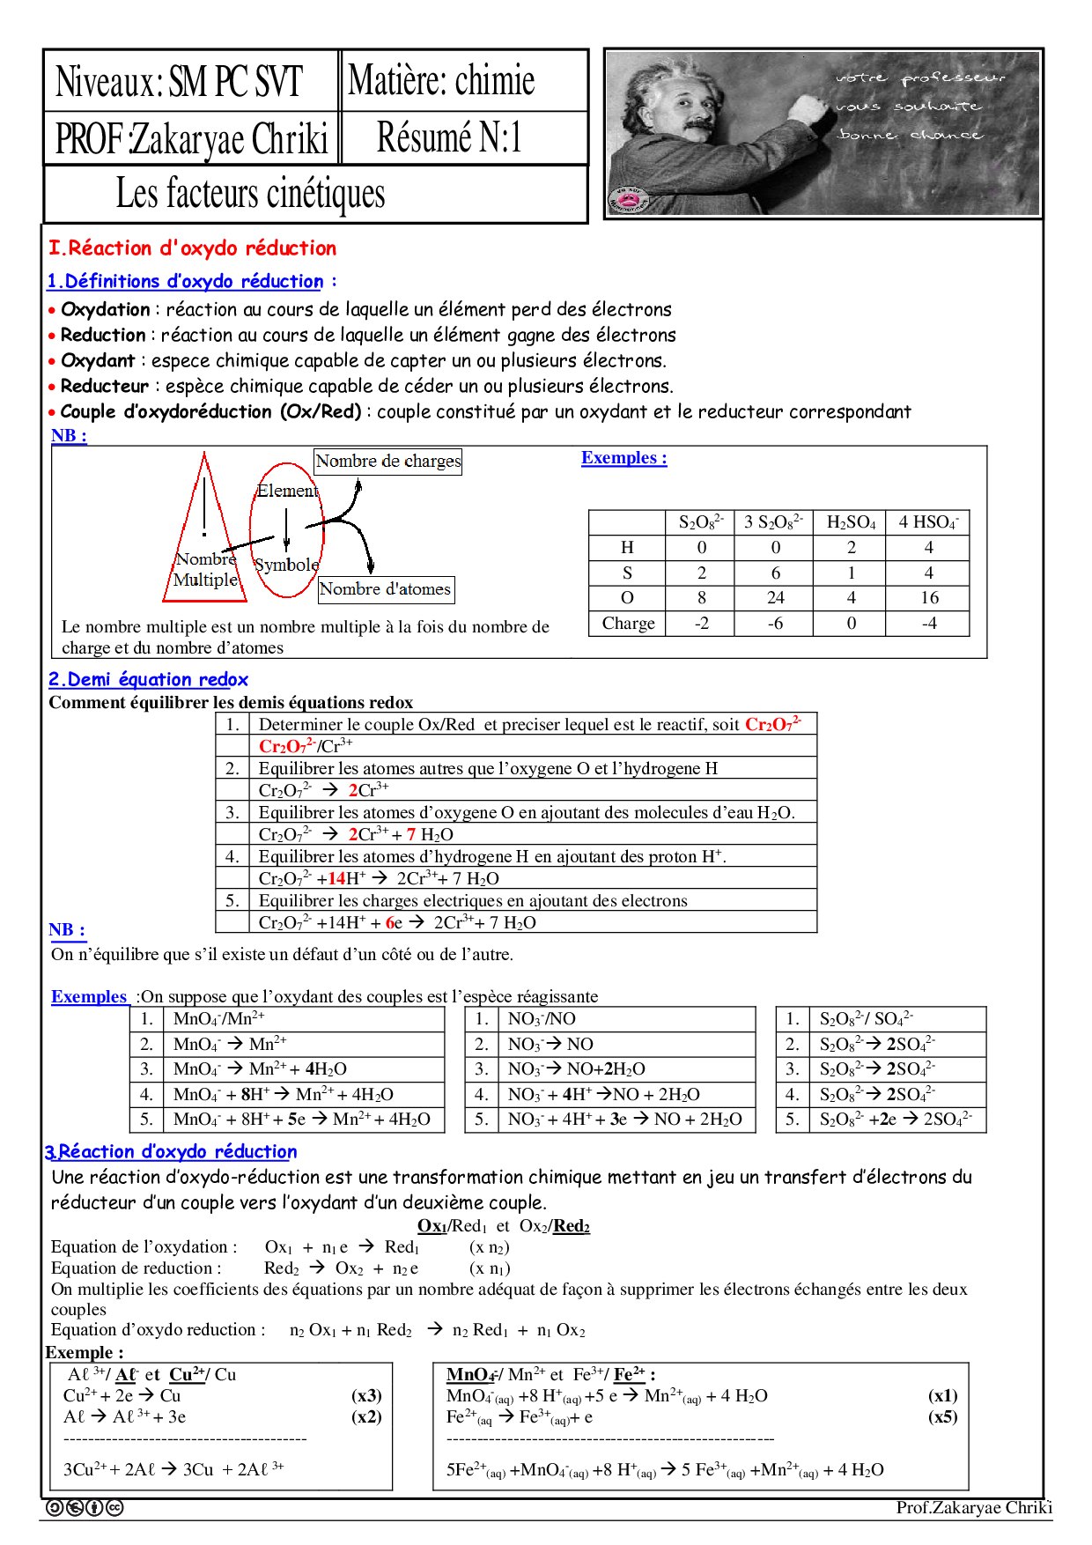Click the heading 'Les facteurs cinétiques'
250,194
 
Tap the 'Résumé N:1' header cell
449,137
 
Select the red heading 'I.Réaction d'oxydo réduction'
192,248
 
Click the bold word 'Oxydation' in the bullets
106,309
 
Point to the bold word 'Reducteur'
105,386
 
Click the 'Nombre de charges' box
387,461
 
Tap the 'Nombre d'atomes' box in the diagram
385,589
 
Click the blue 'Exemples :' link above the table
623,458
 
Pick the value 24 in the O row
775,598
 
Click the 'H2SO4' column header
851,522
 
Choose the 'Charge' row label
628,624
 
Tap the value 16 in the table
929,598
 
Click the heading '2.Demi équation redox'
148,680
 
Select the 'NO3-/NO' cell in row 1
542,1019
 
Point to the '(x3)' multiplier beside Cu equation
366,1395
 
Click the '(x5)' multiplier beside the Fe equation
942,1416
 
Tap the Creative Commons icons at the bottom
85,1507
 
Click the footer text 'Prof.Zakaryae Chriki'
973,1507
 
